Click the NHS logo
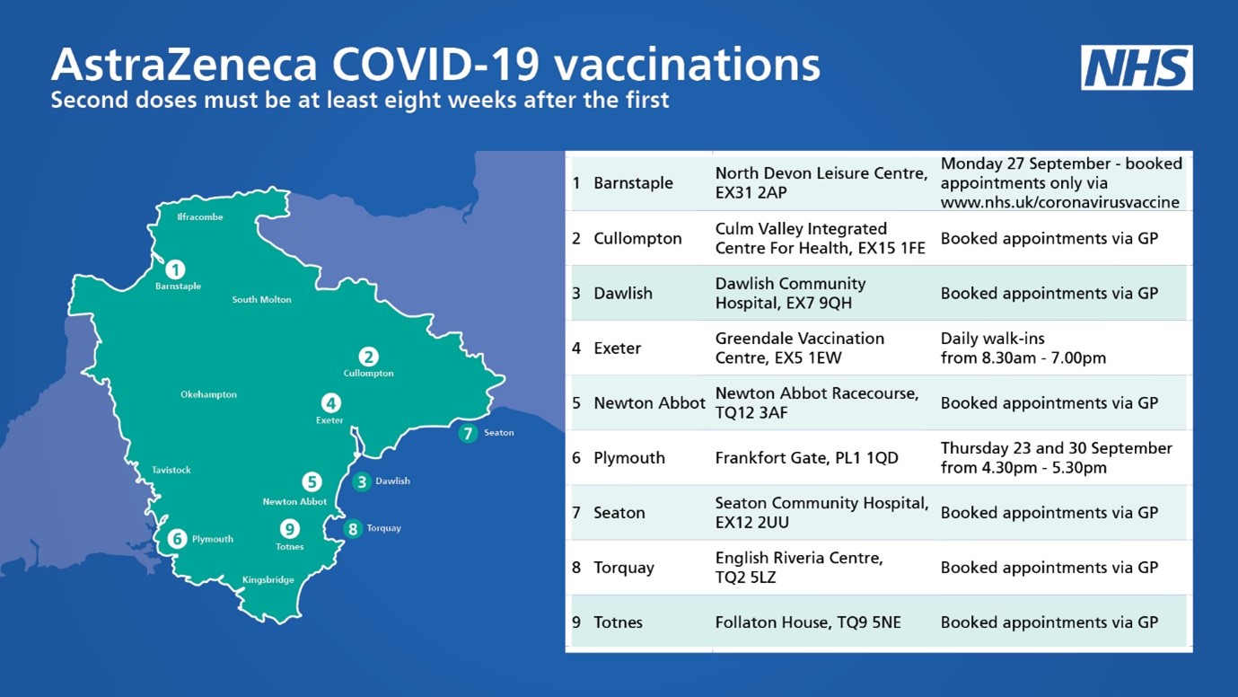tap(1137, 67)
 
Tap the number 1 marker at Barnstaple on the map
tap(175, 269)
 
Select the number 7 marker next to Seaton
tap(467, 434)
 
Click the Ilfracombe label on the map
tap(199, 217)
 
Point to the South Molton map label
tap(261, 300)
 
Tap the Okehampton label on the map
tap(208, 395)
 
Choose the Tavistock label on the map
tap(171, 471)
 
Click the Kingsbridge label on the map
tap(268, 580)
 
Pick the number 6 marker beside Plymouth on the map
tap(177, 539)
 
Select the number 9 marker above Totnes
tap(289, 530)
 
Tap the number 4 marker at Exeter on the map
tap(331, 403)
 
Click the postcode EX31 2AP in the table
tap(751, 192)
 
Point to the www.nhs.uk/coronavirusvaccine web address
tap(1059, 202)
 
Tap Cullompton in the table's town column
tap(637, 239)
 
